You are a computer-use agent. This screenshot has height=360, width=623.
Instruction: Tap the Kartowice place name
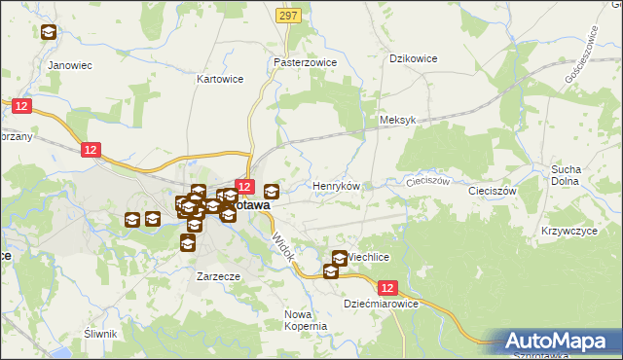tap(219, 78)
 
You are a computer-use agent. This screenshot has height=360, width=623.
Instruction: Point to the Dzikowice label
tap(413, 58)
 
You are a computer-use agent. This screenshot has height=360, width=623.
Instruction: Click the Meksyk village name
tap(397, 121)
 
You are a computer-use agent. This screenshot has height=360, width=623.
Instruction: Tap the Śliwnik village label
tap(100, 334)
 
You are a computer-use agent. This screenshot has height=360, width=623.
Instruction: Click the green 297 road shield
tap(287, 17)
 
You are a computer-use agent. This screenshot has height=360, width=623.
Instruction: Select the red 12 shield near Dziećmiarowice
tap(388, 288)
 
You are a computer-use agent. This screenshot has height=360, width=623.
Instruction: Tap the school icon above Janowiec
tap(48, 32)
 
